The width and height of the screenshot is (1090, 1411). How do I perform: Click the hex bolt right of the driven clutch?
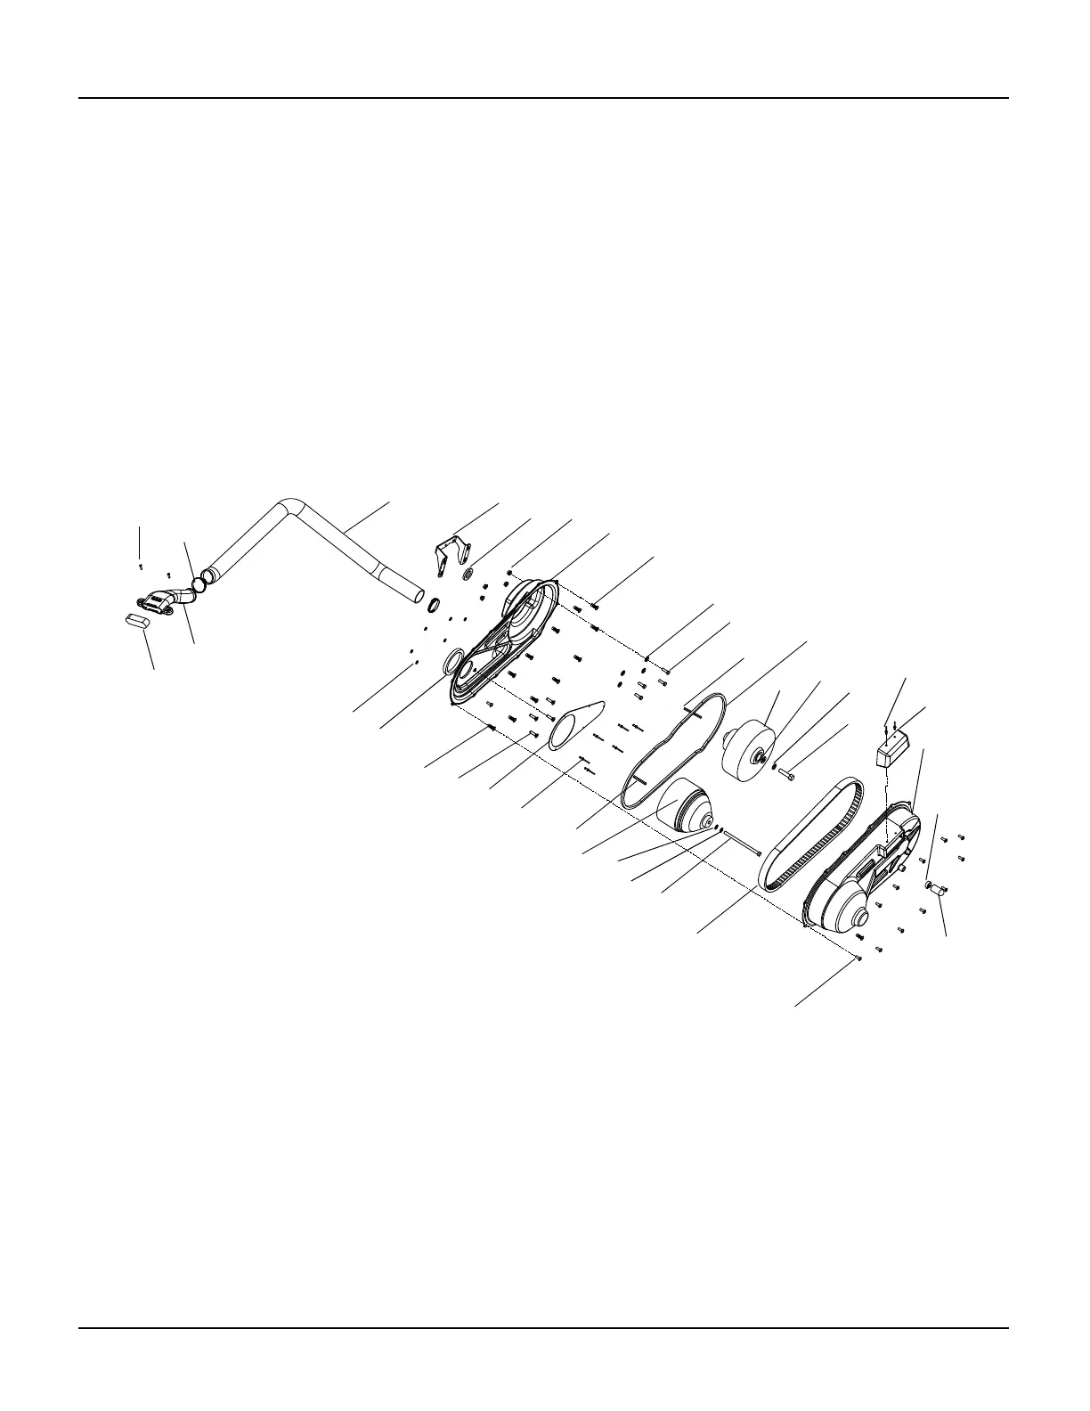[x=787, y=776]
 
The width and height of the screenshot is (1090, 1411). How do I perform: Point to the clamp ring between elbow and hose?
[x=202, y=583]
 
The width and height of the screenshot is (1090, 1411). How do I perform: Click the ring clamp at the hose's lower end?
[x=434, y=606]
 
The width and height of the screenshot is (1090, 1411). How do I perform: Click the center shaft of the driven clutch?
[x=761, y=758]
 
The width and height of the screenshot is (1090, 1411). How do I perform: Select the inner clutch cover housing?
[x=503, y=641]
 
